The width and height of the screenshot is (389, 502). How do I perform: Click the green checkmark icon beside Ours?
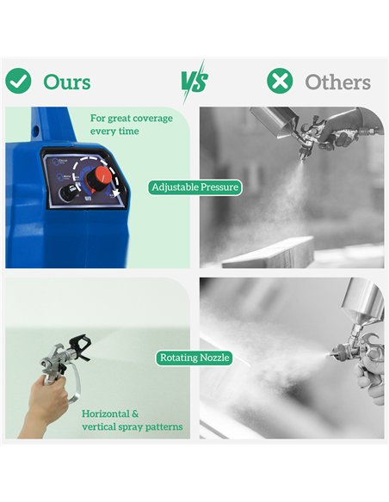click(x=18, y=81)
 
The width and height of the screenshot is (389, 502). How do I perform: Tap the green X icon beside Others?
click(x=280, y=81)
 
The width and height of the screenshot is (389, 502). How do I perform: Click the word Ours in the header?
click(x=67, y=82)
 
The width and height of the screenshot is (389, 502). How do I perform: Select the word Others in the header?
click(x=337, y=83)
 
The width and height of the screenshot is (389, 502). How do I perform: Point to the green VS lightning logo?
click(x=194, y=82)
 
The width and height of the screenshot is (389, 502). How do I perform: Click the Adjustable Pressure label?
click(x=194, y=187)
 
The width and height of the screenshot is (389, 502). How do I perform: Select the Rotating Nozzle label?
click(x=194, y=358)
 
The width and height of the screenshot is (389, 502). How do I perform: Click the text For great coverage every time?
click(x=132, y=125)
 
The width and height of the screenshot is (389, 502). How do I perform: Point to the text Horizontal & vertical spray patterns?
click(x=132, y=420)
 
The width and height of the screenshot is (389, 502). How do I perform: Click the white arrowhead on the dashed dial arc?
click(x=116, y=192)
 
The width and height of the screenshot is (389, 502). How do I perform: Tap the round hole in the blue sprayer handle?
click(x=36, y=131)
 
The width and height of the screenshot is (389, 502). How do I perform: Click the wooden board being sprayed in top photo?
click(x=269, y=254)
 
